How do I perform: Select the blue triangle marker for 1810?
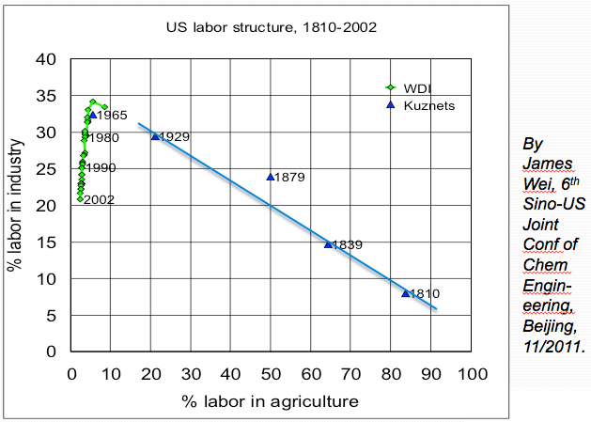point(405,293)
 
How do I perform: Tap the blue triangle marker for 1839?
point(328,244)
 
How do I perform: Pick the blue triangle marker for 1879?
point(271,177)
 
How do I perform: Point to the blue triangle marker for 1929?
point(155,136)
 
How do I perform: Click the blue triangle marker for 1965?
point(92,116)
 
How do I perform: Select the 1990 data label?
point(100,168)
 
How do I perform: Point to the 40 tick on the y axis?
point(54,60)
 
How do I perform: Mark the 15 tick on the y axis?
point(54,242)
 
